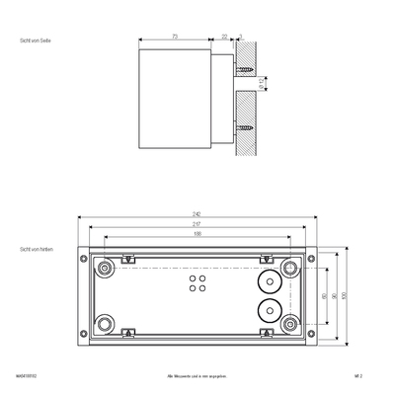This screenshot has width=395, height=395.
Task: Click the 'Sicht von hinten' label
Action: (37, 251)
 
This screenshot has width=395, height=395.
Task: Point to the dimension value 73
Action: (175, 37)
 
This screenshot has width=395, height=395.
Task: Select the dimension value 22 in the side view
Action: (224, 37)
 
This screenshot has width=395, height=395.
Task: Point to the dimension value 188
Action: (197, 235)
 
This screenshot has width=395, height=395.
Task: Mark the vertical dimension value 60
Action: (325, 295)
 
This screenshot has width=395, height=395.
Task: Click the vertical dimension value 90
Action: (335, 295)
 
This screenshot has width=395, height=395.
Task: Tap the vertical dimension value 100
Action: (345, 295)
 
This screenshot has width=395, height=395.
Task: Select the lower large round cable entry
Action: (265, 313)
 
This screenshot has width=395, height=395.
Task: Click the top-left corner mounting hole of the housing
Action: (106, 268)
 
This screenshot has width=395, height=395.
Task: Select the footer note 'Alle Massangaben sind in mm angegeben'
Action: (197, 376)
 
